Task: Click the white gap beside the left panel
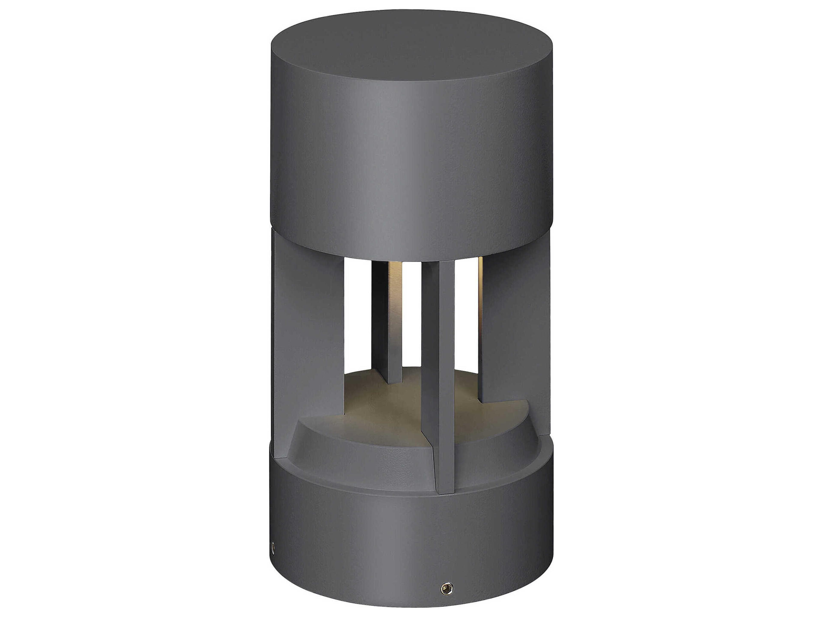[357, 316]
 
